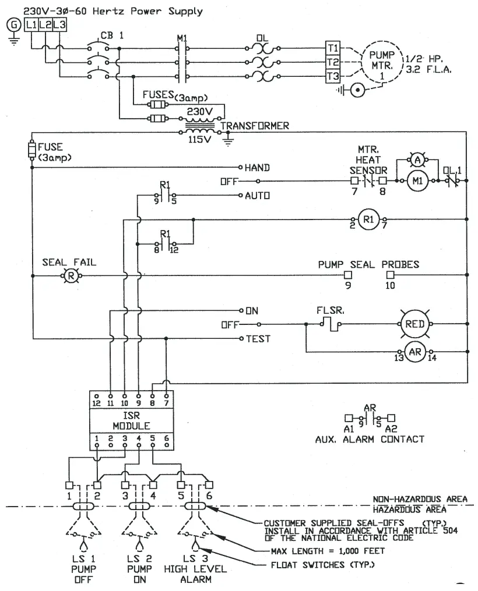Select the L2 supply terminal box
(45, 24)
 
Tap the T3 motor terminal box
(332, 76)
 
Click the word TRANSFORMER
(255, 125)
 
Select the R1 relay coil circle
(368, 220)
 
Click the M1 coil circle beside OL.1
(417, 181)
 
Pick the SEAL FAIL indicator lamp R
(69, 276)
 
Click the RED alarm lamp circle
(416, 324)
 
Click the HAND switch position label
(256, 168)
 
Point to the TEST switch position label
(257, 339)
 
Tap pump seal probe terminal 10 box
(391, 274)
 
